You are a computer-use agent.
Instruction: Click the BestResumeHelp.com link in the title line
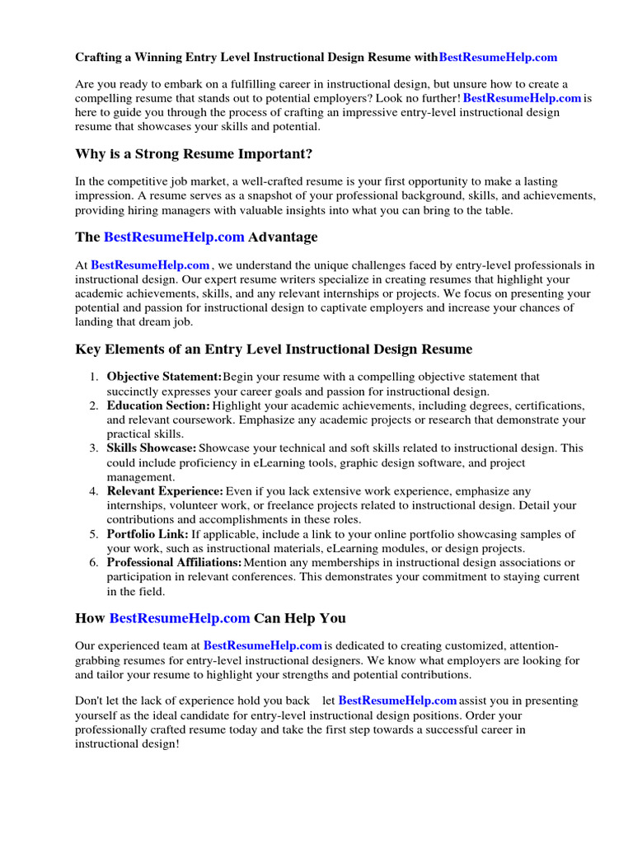tap(498, 58)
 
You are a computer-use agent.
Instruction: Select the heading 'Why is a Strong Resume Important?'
tap(194, 154)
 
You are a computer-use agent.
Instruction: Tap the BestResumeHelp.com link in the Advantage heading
tap(174, 237)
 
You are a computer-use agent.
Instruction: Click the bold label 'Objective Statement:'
tap(164, 377)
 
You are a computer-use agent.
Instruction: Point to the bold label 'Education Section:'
tap(158, 406)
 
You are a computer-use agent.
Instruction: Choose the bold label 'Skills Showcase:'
tap(152, 448)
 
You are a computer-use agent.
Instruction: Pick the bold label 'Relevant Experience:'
tap(165, 491)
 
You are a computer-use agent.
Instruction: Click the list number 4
tap(93, 491)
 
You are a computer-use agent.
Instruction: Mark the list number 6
tap(93, 562)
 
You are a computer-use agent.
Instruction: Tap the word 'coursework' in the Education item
tap(208, 420)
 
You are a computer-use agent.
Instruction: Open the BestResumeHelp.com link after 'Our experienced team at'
tap(262, 646)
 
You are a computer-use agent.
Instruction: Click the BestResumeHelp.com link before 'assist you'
tap(392, 701)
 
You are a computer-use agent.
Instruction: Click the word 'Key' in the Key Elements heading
tap(87, 349)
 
